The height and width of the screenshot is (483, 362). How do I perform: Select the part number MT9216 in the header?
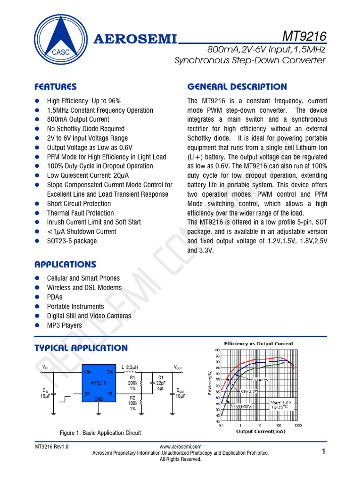coord(304,36)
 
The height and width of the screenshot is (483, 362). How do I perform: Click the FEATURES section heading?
coord(56,87)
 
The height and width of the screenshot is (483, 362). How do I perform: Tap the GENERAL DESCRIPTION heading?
coord(237,87)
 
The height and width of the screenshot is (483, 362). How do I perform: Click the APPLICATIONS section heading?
coord(65,265)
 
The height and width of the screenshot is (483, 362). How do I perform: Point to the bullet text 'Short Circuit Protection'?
coord(79,204)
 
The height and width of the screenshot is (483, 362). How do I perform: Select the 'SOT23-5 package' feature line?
coord(72,241)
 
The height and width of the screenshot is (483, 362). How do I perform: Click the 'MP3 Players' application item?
coord(64,325)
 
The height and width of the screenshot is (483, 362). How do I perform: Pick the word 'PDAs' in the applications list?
coord(55,297)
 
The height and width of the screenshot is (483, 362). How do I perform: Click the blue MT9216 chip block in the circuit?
coord(99,383)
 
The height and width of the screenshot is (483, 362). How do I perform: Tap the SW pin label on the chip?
coord(110,372)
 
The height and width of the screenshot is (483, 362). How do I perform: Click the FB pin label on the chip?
coord(110,393)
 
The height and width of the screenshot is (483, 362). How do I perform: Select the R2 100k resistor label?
coord(132,403)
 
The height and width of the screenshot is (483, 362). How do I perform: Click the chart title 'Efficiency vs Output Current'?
coord(258,344)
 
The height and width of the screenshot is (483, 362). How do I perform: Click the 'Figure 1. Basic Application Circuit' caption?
coord(100,433)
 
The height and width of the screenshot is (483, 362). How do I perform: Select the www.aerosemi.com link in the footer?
coord(181,447)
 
